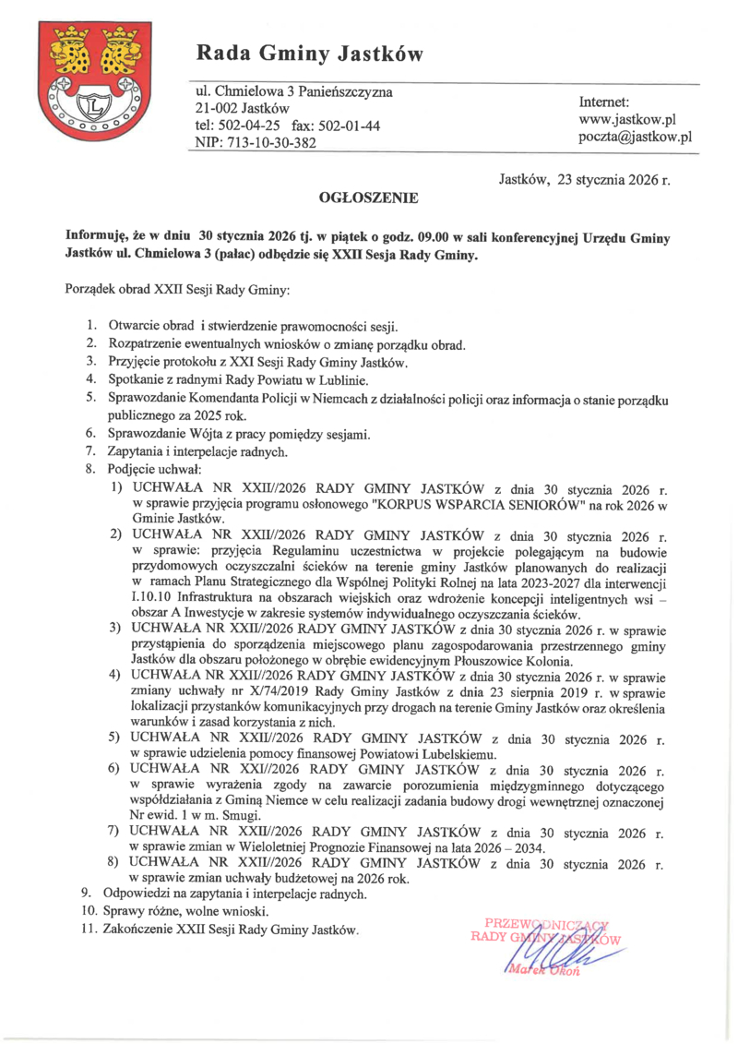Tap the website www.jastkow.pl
(x=627, y=119)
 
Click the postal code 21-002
(x=216, y=109)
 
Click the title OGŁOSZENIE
(x=368, y=198)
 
